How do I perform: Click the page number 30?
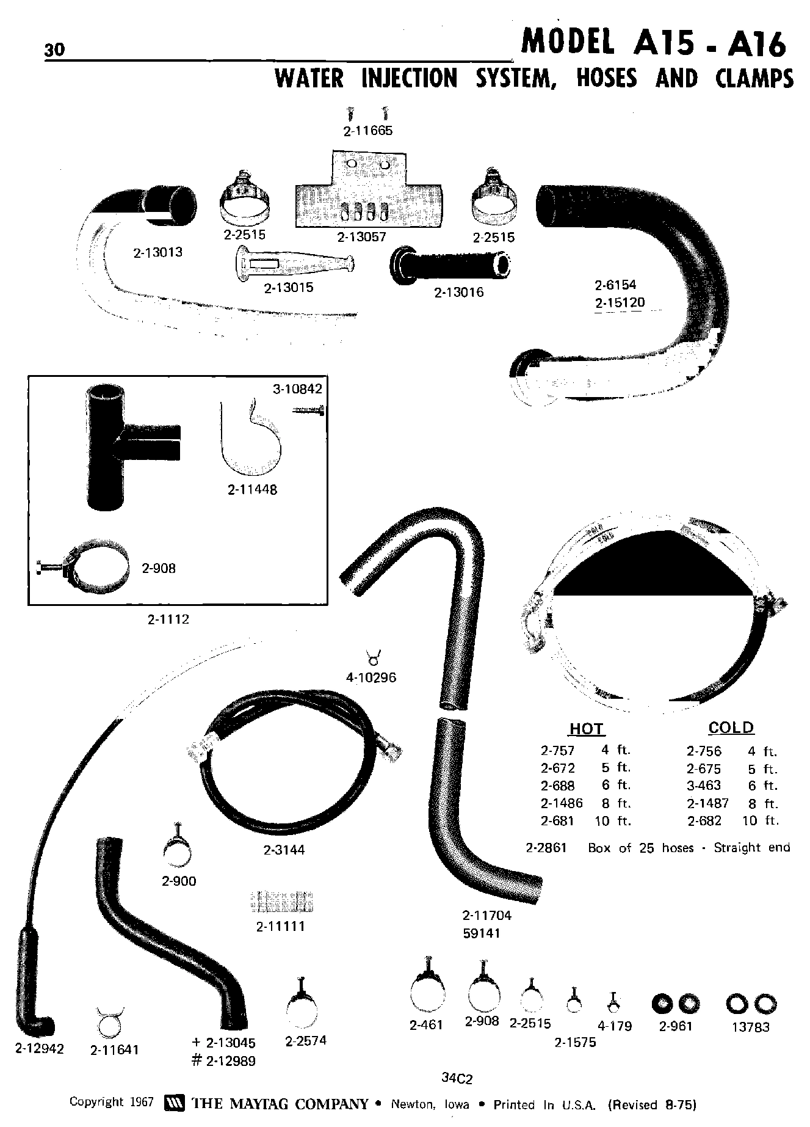click(54, 49)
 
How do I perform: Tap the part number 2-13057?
click(362, 237)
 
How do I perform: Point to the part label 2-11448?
click(252, 489)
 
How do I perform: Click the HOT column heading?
click(586, 729)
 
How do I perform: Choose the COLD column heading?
click(731, 728)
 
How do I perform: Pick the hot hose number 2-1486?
click(561, 803)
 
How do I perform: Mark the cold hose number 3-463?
click(704, 786)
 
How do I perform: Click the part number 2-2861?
click(546, 848)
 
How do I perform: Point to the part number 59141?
click(481, 933)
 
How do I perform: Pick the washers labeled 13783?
click(751, 1004)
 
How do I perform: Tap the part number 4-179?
click(615, 1026)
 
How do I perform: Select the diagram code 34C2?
click(457, 1079)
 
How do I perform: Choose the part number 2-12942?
click(39, 1048)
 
